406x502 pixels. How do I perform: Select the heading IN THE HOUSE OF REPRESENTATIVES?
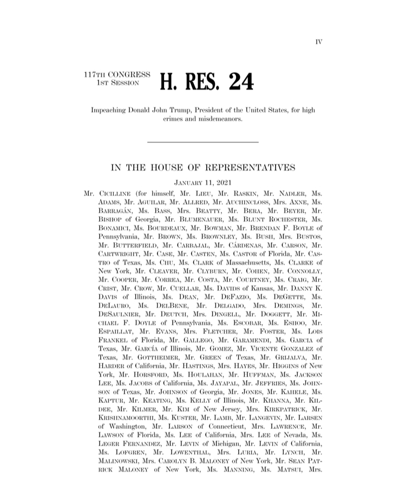(202, 167)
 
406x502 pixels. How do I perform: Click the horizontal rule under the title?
(202, 142)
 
